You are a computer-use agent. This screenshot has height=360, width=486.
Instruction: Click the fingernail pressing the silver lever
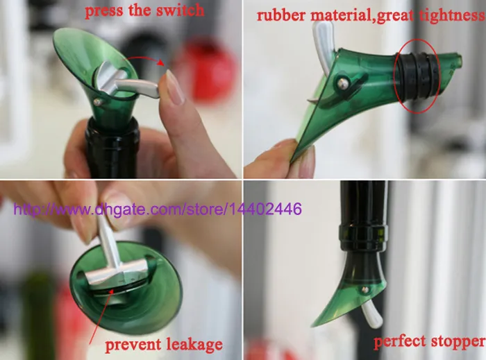point(174,87)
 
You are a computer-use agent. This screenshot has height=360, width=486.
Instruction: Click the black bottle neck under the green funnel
point(112,149)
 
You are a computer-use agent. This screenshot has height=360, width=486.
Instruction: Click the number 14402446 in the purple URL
point(273,208)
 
